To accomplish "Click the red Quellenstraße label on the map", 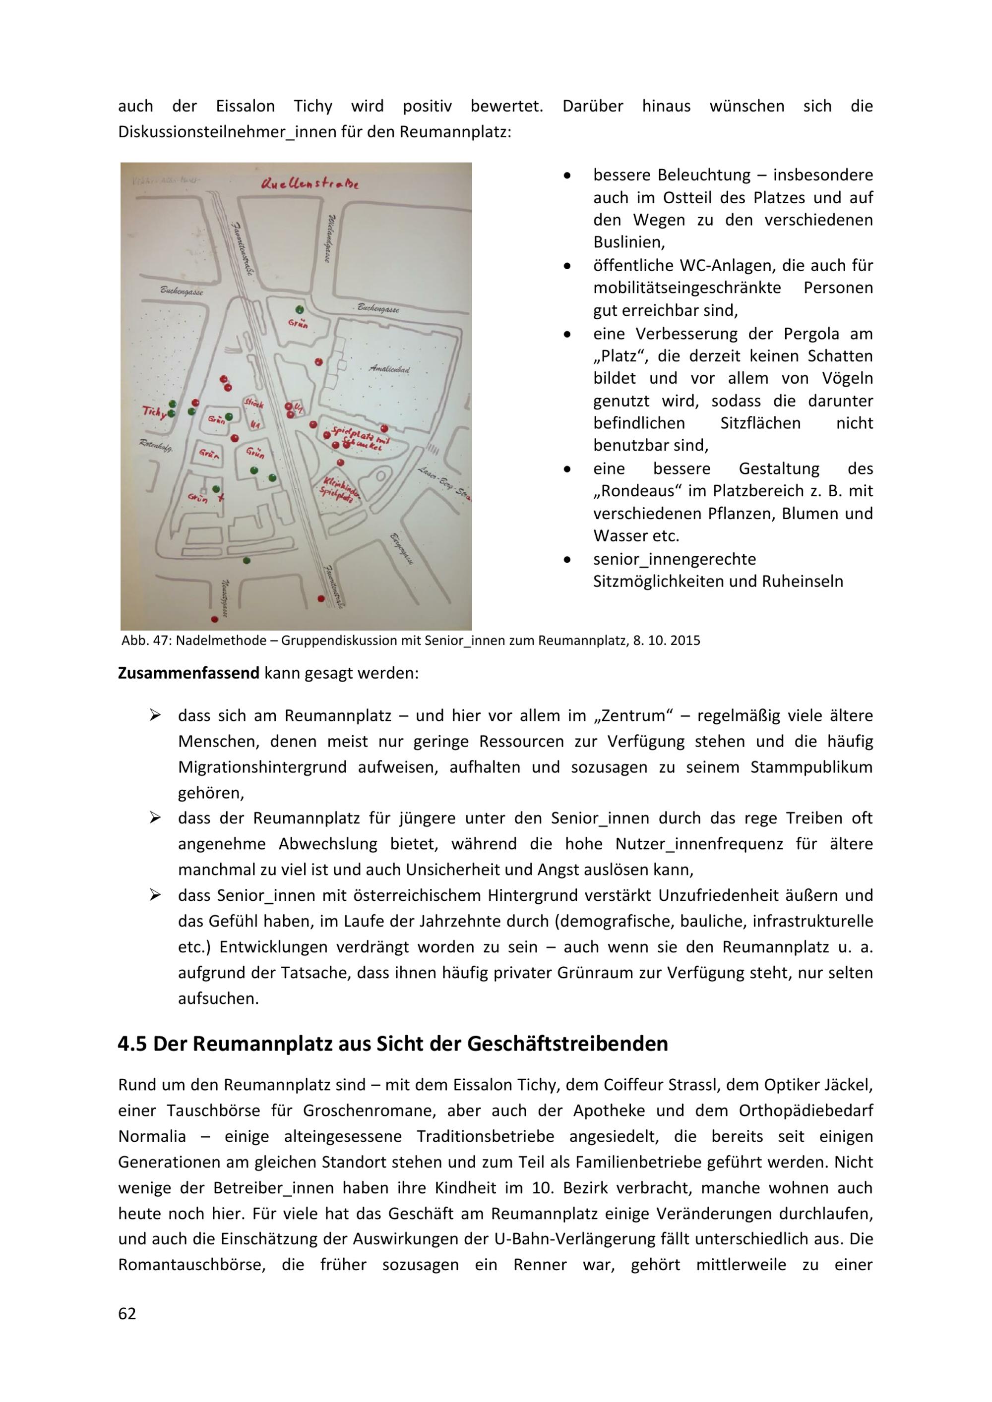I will pos(310,183).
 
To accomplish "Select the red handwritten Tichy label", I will pos(153,412).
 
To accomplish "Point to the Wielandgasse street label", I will pos(330,238).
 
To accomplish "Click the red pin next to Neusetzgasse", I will pos(214,619).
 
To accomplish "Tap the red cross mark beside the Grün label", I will pos(221,498).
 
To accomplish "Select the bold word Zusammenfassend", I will pos(189,674).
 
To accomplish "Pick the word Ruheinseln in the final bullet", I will pos(802,582).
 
